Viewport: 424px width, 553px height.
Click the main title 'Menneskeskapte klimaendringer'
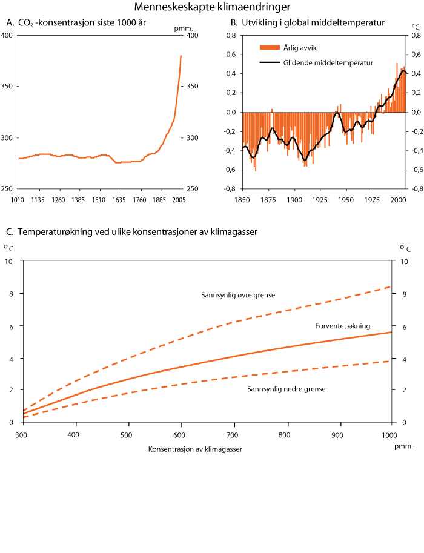pos(212,7)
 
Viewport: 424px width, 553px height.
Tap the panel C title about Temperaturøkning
pos(133,232)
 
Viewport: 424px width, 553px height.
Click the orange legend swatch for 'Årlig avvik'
pos(269,48)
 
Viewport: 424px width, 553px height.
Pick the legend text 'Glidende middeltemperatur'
pos(327,62)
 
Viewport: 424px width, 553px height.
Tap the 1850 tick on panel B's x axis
pos(242,199)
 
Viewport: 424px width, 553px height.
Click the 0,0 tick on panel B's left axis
pos(231,113)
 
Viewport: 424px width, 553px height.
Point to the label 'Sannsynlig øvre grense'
pos(238,296)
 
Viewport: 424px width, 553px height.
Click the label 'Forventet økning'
pos(342,326)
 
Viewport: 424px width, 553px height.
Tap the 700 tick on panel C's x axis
pos(233,435)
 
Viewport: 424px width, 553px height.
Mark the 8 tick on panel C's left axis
pos(8,294)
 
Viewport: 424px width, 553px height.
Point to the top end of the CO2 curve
pos(181,56)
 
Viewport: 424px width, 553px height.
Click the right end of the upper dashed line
pos(391,286)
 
